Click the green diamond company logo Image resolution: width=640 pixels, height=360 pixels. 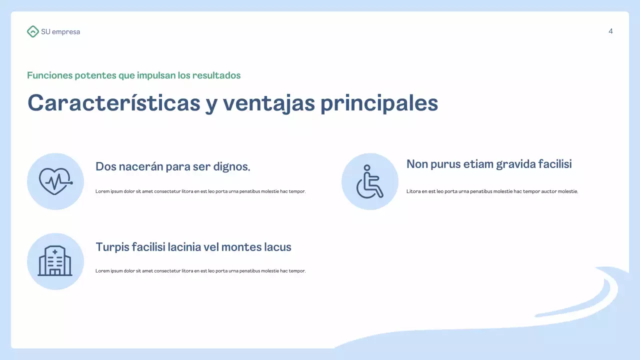pyautogui.click(x=32, y=31)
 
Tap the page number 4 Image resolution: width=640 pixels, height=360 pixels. pyautogui.click(x=610, y=31)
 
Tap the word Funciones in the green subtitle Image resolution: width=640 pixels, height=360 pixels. pyautogui.click(x=49, y=75)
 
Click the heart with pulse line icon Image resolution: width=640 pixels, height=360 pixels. pyautogui.click(x=55, y=181)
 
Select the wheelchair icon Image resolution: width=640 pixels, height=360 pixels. pyautogui.click(x=369, y=181)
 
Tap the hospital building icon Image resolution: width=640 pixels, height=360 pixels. pyautogui.click(x=55, y=261)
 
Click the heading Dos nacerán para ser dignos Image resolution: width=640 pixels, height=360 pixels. pyautogui.click(x=172, y=166)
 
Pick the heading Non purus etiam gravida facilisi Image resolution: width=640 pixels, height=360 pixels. pyautogui.click(x=489, y=164)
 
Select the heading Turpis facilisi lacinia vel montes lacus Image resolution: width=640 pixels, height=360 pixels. pyautogui.click(x=193, y=247)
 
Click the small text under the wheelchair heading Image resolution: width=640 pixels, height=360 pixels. pyautogui.click(x=492, y=191)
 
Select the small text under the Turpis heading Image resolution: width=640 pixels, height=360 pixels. pyautogui.click(x=200, y=271)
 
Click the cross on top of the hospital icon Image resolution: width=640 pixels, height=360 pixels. pyautogui.click(x=55, y=251)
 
